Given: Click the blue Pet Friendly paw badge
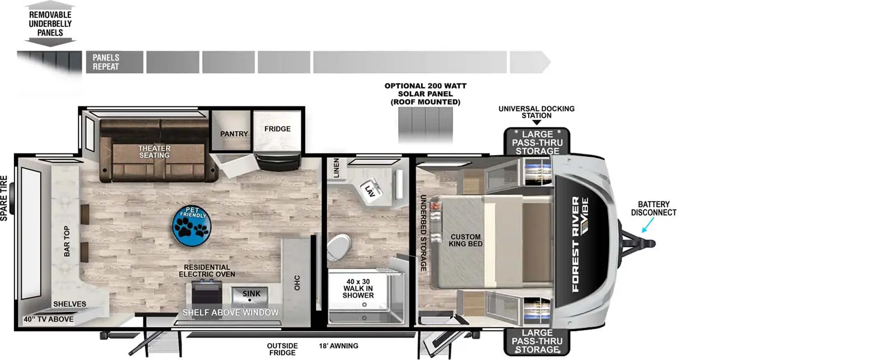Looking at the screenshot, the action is point(192,226).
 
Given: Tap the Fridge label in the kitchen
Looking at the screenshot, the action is point(277,129).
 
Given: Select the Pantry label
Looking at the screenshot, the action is point(234,134).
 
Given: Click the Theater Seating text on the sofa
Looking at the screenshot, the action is point(155,152).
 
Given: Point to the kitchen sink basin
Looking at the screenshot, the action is point(250,296).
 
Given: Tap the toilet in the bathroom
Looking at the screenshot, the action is point(339,247).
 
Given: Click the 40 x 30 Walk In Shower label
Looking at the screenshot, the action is point(358,288).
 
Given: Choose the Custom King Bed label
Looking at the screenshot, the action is point(465,240).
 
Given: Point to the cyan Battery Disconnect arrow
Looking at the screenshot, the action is point(648,225).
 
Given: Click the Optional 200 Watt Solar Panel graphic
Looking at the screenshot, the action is point(425,124).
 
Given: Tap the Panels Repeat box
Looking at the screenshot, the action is point(115,62).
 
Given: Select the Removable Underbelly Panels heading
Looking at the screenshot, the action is point(50,24).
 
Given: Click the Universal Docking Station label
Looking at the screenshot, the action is point(536,112).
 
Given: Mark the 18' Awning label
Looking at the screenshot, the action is point(338,345).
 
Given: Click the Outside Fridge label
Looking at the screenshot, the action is point(282,349).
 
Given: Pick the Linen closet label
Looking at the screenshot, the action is point(336,168).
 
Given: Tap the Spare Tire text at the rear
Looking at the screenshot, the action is point(4,198).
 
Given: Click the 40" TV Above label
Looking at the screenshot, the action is point(48,319).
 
